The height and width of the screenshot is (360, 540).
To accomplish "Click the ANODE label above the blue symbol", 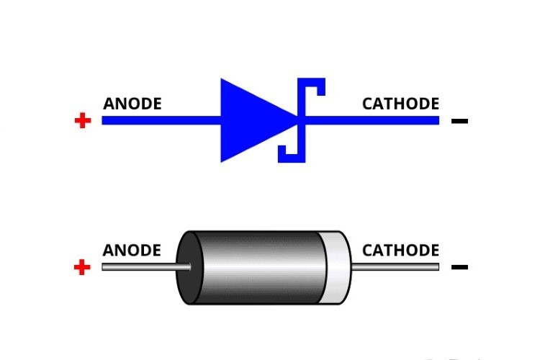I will [132, 104].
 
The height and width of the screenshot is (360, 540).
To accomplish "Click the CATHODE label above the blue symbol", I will [400, 104].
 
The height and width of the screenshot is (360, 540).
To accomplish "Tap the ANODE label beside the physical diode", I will [132, 251].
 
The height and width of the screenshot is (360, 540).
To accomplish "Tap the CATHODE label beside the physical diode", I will [400, 251].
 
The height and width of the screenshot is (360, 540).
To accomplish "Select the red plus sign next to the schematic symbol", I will [83, 120].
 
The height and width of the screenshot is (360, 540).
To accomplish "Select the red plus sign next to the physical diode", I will [83, 268].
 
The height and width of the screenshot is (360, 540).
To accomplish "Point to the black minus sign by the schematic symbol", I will [459, 121].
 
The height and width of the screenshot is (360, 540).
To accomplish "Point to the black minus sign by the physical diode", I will [459, 268].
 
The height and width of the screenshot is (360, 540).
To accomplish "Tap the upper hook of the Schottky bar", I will [317, 86].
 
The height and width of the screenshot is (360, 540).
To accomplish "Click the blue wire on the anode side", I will [158, 120].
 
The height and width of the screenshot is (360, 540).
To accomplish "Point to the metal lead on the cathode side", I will [396, 267].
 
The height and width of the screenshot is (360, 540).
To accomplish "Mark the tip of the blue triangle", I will [297, 120].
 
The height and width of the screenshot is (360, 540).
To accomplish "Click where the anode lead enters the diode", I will [190, 267].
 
